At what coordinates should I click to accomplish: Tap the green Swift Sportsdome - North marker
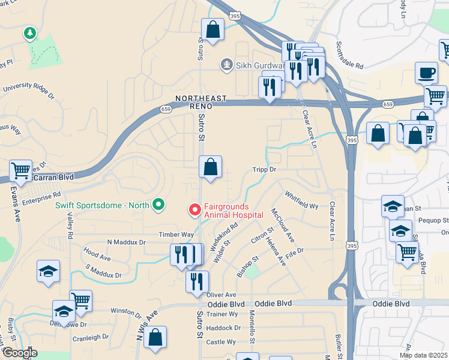pos(158,205)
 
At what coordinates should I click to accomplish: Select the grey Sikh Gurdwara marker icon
pos(226,64)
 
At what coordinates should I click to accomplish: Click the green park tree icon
pos(29,32)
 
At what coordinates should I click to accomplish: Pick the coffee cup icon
pos(426,73)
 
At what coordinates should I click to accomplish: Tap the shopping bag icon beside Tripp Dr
pos(211,168)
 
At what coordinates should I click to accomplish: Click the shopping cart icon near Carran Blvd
pos(20,171)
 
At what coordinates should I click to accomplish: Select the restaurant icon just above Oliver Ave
pos(197,282)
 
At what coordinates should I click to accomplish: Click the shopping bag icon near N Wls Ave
pos(155,338)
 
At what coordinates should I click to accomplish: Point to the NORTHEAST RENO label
pos(201,102)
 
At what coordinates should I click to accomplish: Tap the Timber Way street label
pos(176,235)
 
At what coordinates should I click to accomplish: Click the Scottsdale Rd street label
pos(350,56)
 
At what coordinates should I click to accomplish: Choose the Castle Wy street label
pos(220,341)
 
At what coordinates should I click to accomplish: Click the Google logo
pos(19,353)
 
